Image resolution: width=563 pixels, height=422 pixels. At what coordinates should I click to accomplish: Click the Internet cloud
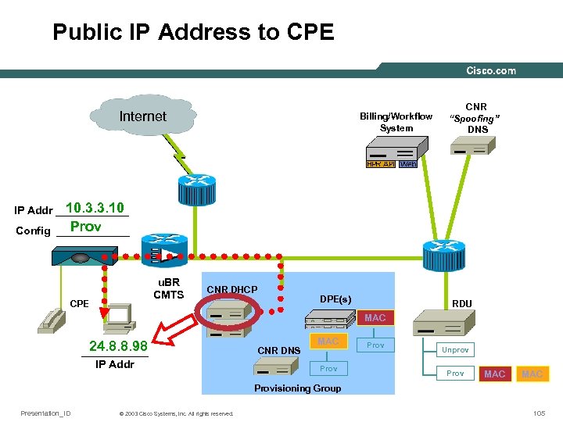coord(142,117)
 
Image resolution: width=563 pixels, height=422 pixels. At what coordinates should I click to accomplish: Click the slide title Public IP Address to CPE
coord(193,32)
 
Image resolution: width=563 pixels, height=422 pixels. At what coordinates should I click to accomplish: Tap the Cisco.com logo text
coord(491,70)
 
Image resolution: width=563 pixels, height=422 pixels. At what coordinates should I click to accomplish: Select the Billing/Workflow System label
coord(396,122)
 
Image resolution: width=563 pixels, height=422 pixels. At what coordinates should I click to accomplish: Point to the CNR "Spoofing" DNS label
coord(477,117)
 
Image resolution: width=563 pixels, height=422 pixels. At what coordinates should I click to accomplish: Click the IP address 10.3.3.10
coord(95,209)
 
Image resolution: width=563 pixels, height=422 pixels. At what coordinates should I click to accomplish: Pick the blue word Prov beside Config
coord(86,227)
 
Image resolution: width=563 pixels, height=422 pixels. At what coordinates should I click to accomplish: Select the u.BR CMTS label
coord(168,288)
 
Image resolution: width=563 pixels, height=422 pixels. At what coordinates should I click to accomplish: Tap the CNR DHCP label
coord(231,290)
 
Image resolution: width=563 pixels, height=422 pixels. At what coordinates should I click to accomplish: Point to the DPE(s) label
coord(335,299)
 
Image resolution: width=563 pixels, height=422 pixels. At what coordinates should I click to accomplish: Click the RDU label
coord(462,303)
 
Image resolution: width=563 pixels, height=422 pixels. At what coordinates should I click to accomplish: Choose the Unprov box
coord(455,350)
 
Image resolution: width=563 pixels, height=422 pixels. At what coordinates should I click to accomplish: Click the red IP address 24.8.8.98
coord(119,345)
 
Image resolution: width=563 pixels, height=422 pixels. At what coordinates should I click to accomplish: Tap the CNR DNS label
coord(278,350)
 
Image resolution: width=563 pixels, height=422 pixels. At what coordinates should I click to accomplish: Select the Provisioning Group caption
coord(298,388)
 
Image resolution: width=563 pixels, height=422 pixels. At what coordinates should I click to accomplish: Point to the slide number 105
coord(538,413)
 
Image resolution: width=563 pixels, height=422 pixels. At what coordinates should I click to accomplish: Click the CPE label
coord(79,302)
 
